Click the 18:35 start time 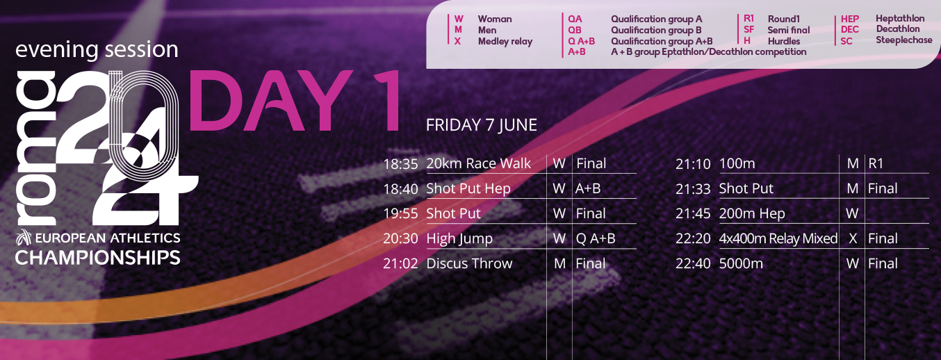pos(400,163)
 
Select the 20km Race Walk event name pos(478,163)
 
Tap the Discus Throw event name pos(469,263)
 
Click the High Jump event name pos(459,238)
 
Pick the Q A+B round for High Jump pos(596,238)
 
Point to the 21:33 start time pos(693,188)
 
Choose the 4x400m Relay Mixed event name pos(778,238)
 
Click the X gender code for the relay pos(852,238)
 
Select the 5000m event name pos(741,263)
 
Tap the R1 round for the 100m pos(876,163)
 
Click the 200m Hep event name pos(751,214)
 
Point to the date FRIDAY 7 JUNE pos(482,125)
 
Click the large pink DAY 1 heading pos(294,101)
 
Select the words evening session pos(97,49)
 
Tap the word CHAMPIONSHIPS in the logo pos(97,258)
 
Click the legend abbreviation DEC pos(849,29)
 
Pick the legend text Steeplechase pos(903,40)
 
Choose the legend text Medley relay pos(505,41)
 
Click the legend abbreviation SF pos(748,29)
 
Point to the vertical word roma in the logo pos(35,148)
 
